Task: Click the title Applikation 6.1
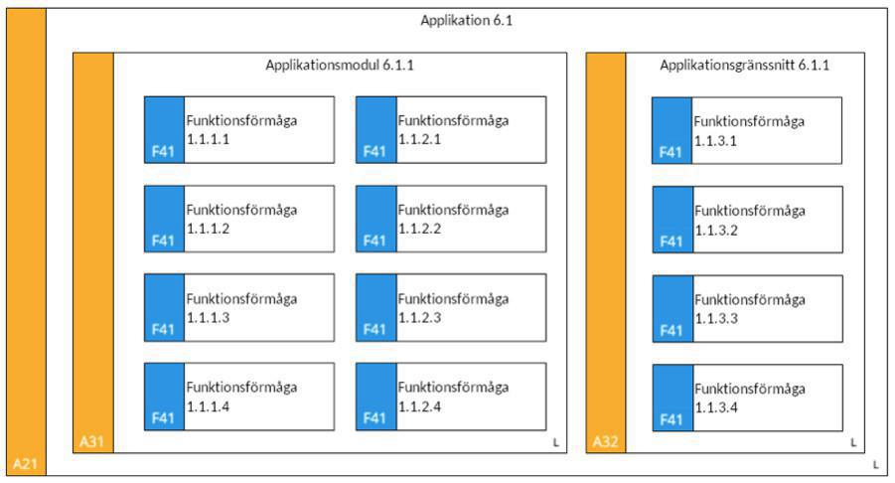[466, 20]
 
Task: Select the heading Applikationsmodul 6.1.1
[339, 66]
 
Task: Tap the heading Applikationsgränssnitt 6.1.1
[744, 66]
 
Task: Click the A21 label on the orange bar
[25, 464]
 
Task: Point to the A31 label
[91, 440]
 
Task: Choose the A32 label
[605, 440]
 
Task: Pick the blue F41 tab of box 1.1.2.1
[375, 129]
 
